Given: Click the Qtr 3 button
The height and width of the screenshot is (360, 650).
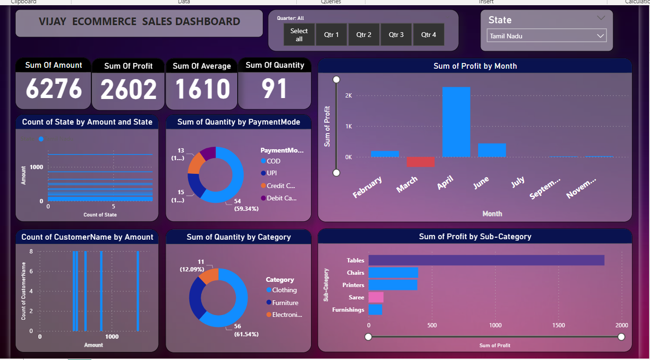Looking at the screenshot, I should pyautogui.click(x=396, y=35).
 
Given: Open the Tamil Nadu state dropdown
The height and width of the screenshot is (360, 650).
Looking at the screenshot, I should pyautogui.click(x=546, y=36).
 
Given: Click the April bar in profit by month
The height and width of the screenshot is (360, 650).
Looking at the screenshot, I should pyautogui.click(x=456, y=122).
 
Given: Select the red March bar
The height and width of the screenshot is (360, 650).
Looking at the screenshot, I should pyautogui.click(x=420, y=162).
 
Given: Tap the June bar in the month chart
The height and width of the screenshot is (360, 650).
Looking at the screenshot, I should pyautogui.click(x=492, y=150).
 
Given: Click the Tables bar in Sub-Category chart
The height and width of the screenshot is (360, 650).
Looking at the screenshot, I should pyautogui.click(x=486, y=260).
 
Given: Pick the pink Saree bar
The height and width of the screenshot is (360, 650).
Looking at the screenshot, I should pyautogui.click(x=376, y=297).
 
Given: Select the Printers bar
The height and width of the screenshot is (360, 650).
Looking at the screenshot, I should pyautogui.click(x=393, y=285).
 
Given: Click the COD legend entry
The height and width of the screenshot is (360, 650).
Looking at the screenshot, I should pyautogui.click(x=273, y=161).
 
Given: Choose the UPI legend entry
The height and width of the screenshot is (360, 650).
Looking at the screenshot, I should pyautogui.click(x=271, y=173).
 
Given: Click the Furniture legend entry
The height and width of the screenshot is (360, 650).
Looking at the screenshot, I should pyautogui.click(x=285, y=303).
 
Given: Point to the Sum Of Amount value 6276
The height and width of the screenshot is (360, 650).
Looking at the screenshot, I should pyautogui.click(x=53, y=89).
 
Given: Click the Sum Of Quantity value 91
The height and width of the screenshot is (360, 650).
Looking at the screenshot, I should pyautogui.click(x=274, y=89).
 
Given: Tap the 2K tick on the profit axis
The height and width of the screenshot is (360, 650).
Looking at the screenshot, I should pyautogui.click(x=348, y=96).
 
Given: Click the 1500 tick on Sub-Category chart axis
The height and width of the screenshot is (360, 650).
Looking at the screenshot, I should pyautogui.click(x=559, y=325).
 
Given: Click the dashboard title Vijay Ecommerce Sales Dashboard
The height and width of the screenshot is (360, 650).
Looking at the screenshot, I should pyautogui.click(x=139, y=22).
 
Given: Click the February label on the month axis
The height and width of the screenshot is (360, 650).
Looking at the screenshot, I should pyautogui.click(x=368, y=188).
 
